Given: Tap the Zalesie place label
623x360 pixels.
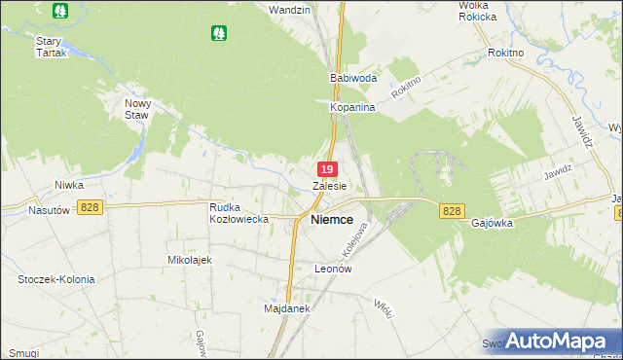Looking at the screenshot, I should [x=330, y=185].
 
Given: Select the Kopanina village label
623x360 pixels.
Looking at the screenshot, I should [x=352, y=107].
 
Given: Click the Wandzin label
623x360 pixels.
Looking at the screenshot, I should [x=289, y=10].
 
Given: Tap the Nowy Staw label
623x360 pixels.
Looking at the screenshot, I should [x=137, y=108].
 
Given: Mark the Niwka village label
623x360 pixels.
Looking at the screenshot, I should [x=68, y=184].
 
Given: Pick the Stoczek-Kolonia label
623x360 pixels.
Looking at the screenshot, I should [x=56, y=279].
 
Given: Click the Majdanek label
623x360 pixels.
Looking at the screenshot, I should [x=286, y=308].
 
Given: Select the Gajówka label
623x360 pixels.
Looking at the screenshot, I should [x=492, y=222].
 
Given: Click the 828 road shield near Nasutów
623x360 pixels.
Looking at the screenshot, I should [x=91, y=206].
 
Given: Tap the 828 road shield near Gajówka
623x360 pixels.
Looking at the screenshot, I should [x=451, y=211].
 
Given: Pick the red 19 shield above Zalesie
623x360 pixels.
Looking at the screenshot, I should [x=328, y=169].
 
